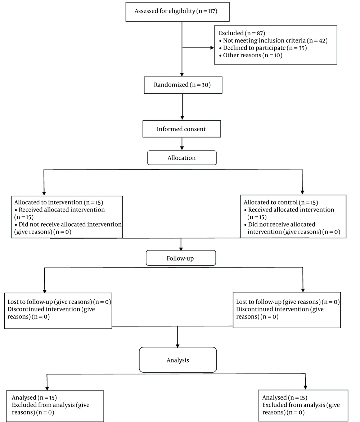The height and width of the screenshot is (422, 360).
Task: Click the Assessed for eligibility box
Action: tap(177, 12)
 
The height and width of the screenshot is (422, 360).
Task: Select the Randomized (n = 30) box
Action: tap(183, 85)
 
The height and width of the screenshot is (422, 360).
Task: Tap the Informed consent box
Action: tap(182, 129)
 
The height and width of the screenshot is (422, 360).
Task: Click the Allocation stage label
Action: tap(182, 158)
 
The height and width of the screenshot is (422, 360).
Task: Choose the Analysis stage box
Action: tap(178, 360)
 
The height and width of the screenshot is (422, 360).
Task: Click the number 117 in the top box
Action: tap(211, 11)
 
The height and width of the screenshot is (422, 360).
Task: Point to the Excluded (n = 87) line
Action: tap(242, 33)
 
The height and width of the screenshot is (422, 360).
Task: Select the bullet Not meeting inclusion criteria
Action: tap(273, 41)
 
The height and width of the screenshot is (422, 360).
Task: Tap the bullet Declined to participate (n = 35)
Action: tap(263, 48)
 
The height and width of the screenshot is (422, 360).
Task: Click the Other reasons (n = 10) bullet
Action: tap(251, 55)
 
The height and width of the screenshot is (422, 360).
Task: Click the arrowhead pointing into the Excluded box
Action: tap(212, 48)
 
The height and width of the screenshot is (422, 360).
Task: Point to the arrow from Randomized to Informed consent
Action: tap(182, 107)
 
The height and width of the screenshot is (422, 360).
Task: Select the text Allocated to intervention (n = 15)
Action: tap(59, 203)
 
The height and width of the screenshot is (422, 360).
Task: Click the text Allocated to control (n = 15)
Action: tap(281, 203)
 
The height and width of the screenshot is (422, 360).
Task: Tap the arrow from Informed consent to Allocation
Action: tap(182, 144)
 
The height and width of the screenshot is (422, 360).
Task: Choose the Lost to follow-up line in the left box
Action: tap(59, 302)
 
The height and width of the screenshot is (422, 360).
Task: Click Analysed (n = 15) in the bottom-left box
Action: tap(34, 397)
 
